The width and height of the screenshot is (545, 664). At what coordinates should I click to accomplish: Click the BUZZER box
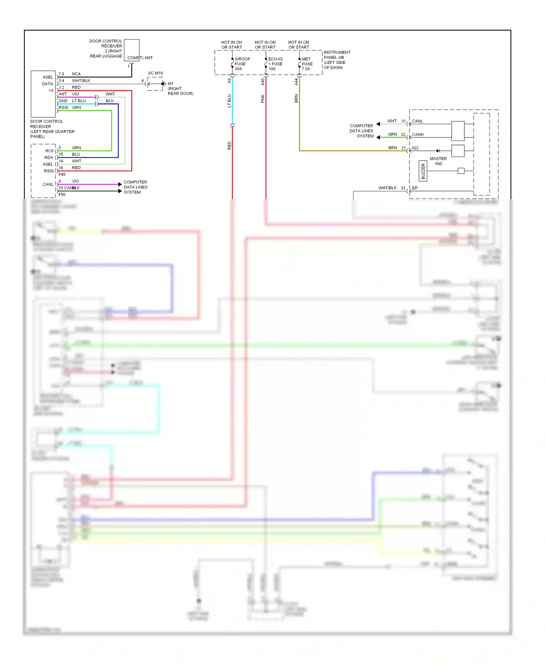click(423, 171)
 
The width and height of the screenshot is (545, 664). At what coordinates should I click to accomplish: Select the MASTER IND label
click(438, 161)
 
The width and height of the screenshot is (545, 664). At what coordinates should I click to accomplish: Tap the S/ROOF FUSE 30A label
click(242, 64)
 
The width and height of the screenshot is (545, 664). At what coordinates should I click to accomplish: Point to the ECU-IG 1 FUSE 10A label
click(275, 64)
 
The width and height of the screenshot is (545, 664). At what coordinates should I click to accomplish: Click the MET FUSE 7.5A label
click(307, 64)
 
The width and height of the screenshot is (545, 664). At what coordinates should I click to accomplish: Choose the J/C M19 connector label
click(155, 73)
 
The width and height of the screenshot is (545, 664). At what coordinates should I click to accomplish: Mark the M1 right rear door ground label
click(179, 89)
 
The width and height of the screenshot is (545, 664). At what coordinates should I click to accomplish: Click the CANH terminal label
click(417, 135)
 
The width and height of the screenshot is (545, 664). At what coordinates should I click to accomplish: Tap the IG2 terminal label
click(415, 148)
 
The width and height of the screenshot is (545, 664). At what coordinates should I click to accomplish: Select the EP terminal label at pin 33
click(415, 188)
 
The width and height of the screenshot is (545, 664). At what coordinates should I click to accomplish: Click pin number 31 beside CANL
click(403, 121)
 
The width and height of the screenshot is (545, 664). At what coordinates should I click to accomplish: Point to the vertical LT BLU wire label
click(229, 101)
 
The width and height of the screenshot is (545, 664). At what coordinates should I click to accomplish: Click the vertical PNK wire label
click(263, 98)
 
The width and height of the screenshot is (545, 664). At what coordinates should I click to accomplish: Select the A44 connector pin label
click(296, 82)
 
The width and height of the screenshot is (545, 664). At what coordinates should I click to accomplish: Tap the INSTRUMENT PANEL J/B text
click(337, 55)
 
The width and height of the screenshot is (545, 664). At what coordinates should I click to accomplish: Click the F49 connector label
click(62, 175)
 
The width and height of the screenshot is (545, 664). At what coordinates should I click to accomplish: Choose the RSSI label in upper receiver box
click(63, 108)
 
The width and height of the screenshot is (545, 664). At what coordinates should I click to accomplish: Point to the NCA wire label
click(76, 74)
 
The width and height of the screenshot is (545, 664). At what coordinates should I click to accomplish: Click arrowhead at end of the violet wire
click(120, 185)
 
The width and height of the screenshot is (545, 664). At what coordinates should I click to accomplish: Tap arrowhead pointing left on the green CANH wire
click(378, 137)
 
